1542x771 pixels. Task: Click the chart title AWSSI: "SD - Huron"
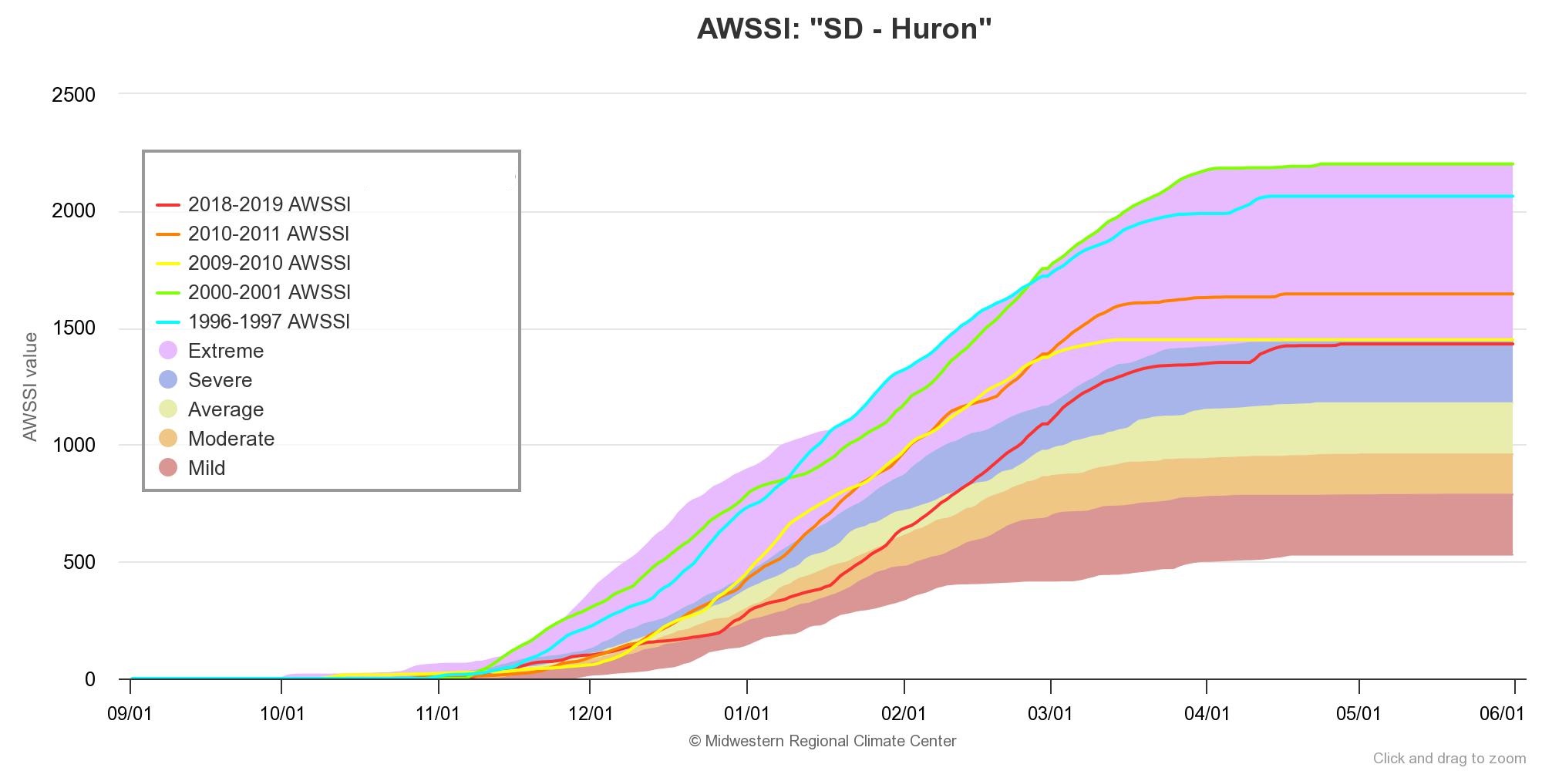point(843,29)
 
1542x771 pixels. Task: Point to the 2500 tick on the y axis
point(73,95)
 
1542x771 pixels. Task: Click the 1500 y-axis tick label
point(73,328)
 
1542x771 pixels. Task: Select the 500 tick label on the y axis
point(79,562)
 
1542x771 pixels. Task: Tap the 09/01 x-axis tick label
point(130,714)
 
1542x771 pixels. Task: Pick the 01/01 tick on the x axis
point(746,714)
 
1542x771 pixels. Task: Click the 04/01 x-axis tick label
point(1207,714)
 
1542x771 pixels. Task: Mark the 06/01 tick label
point(1502,714)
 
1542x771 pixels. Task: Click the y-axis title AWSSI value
point(30,387)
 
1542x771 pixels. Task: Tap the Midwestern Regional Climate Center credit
point(822,741)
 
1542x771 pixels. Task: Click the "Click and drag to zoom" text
point(1449,759)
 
